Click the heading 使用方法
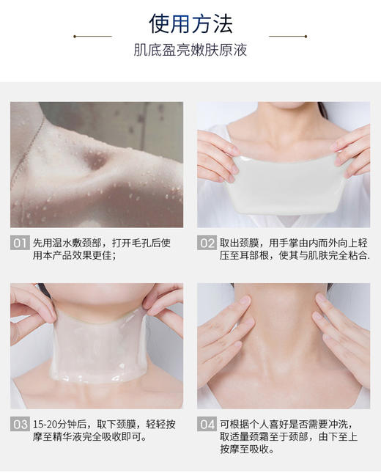click(x=190, y=23)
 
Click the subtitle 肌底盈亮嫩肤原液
click(x=190, y=51)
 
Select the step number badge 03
click(x=20, y=425)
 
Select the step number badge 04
click(x=207, y=425)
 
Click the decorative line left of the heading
click(x=93, y=35)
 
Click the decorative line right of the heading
click(x=288, y=35)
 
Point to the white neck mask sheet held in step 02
click(x=283, y=183)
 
